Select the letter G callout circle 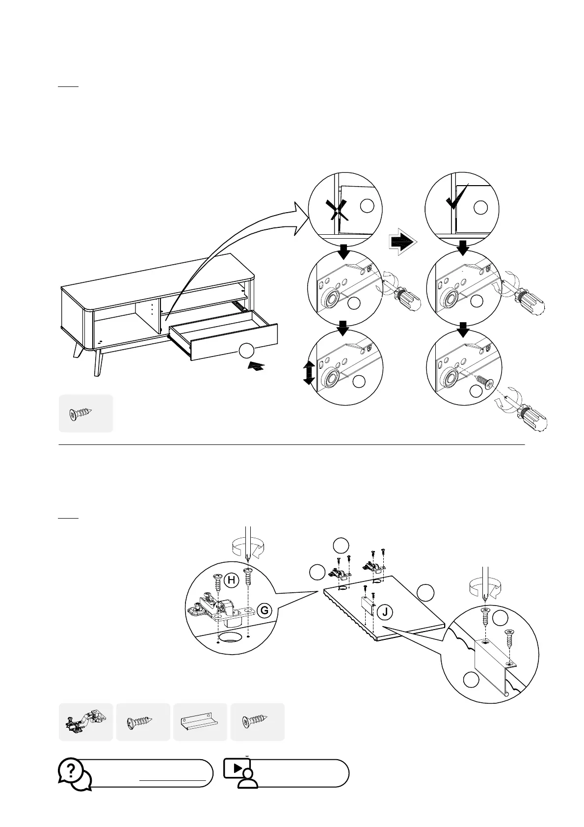tap(265, 611)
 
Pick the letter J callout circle tap(385, 612)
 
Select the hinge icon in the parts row tap(85, 722)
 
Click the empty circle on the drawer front tap(246, 351)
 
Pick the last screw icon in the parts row tap(256, 722)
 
